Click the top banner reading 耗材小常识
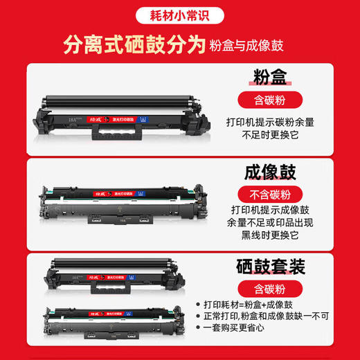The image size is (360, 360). [179, 12]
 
